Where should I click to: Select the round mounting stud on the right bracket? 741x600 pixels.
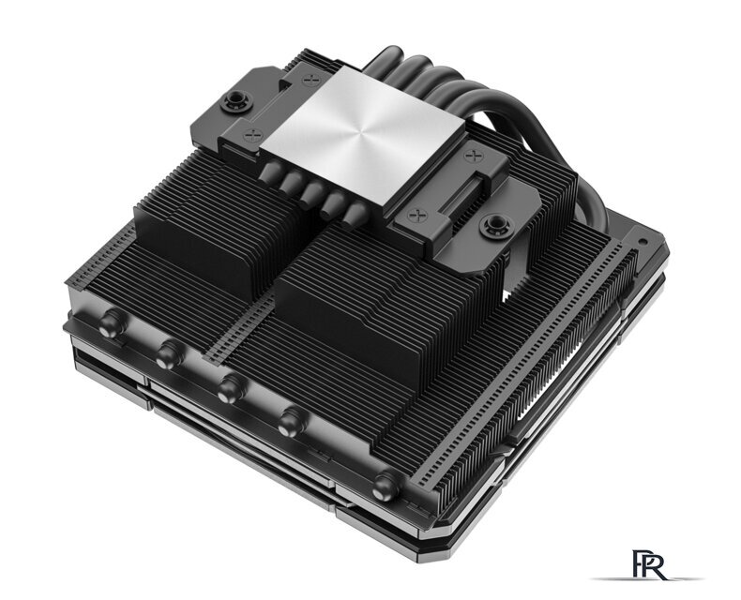[491, 224]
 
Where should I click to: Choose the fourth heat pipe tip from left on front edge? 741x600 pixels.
[293, 418]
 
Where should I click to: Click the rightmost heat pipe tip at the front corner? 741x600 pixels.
[384, 485]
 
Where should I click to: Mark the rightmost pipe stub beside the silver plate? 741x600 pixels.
[354, 218]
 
